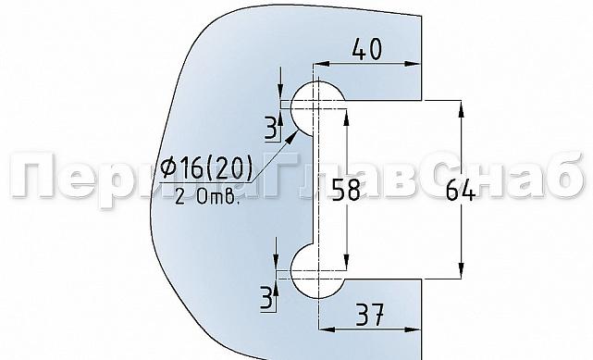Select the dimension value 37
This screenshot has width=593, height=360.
pyautogui.click(x=370, y=315)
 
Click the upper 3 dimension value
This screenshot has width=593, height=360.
pyautogui.click(x=268, y=125)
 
